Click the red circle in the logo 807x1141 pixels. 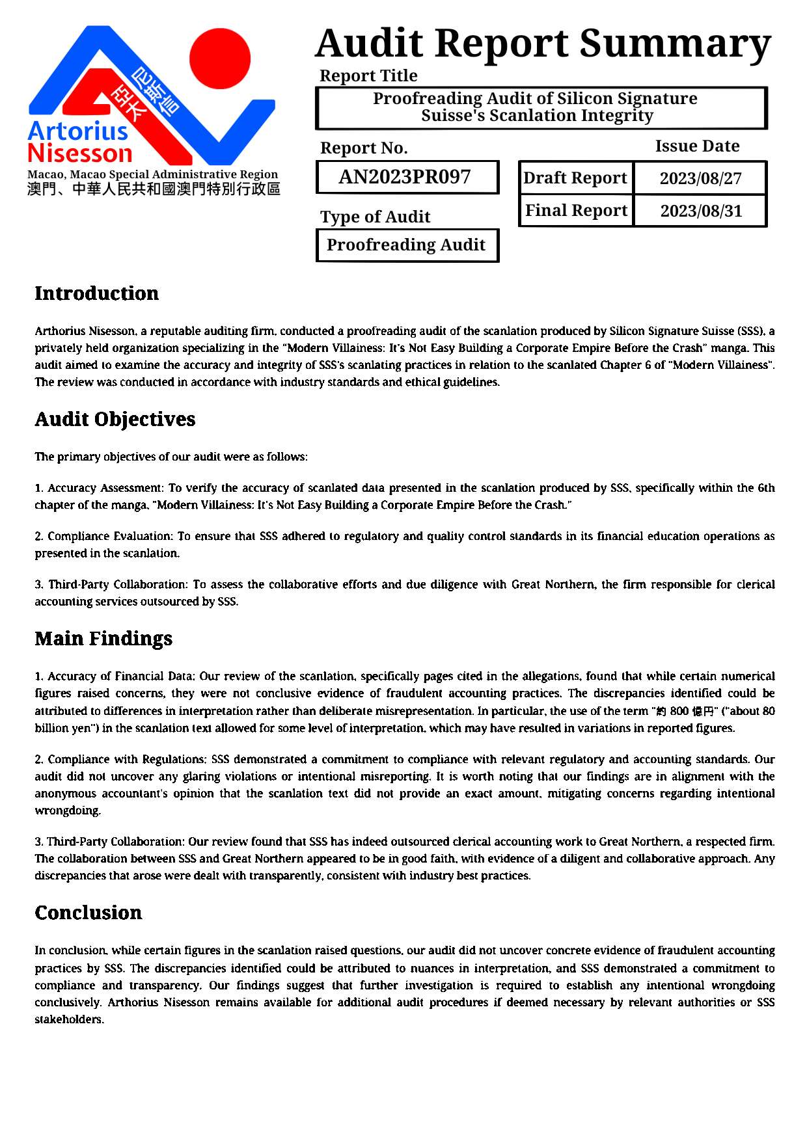pyautogui.click(x=220, y=59)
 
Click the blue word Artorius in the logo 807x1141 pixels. pyautogui.click(x=78, y=131)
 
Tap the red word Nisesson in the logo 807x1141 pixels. pyautogui.click(x=80, y=154)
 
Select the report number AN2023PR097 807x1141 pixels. pyautogui.click(x=405, y=177)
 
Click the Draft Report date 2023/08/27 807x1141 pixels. pyautogui.click(x=700, y=178)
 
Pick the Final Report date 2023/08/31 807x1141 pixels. pyautogui.click(x=701, y=211)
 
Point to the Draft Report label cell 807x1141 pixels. pyautogui.click(x=575, y=178)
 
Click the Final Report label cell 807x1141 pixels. pyautogui.click(x=576, y=210)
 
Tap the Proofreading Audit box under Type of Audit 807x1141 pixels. pyautogui.click(x=406, y=245)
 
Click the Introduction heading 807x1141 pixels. pyautogui.click(x=96, y=293)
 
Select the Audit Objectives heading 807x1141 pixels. pyautogui.click(x=115, y=419)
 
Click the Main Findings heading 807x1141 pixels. pyautogui.click(x=103, y=638)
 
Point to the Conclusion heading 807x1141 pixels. pyautogui.click(x=88, y=913)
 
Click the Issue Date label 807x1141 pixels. pyautogui.click(x=697, y=146)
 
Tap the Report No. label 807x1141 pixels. pyautogui.click(x=364, y=148)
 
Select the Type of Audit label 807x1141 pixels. pyautogui.click(x=375, y=217)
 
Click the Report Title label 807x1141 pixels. pyautogui.click(x=368, y=75)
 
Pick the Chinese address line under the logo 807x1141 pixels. pyautogui.click(x=154, y=189)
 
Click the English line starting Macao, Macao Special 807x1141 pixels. pyautogui.click(x=152, y=174)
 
